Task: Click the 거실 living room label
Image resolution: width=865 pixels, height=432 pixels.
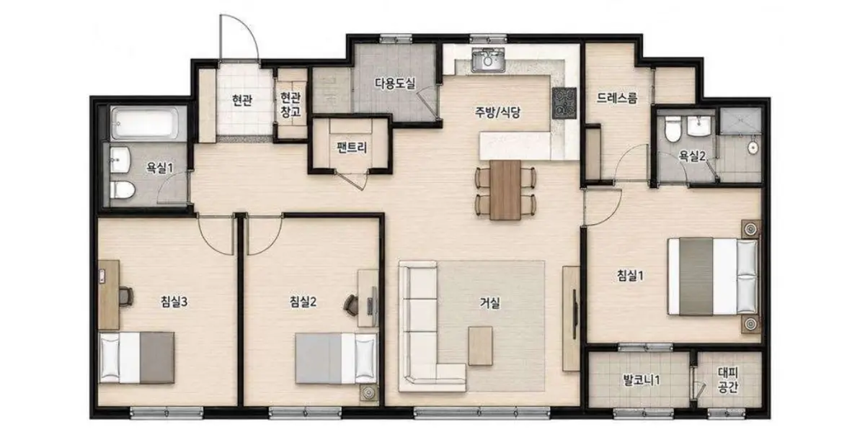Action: click(x=489, y=303)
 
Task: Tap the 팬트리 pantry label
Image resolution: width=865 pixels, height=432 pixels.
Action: click(x=352, y=148)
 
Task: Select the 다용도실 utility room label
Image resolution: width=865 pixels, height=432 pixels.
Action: click(x=395, y=83)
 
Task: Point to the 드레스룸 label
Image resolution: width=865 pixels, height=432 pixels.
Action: click(x=617, y=98)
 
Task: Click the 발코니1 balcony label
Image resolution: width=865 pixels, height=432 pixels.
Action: click(x=642, y=380)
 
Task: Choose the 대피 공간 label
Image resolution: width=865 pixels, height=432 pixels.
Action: click(x=728, y=380)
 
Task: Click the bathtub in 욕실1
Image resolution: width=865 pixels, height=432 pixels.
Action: click(x=145, y=123)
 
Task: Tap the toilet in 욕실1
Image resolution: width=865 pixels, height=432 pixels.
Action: click(x=122, y=190)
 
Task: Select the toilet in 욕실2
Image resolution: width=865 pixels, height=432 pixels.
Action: click(x=673, y=130)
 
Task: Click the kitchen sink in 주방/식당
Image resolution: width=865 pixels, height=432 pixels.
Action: click(x=488, y=60)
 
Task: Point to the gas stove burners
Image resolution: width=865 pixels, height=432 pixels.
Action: click(x=564, y=103)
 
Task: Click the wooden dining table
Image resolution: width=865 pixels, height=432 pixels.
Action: click(x=505, y=190)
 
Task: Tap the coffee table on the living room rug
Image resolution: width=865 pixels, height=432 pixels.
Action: click(x=480, y=346)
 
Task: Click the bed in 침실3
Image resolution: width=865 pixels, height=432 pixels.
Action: click(x=137, y=357)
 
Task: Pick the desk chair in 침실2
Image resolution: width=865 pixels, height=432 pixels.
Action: click(x=350, y=305)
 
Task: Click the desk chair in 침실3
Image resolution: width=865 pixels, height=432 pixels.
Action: click(x=126, y=297)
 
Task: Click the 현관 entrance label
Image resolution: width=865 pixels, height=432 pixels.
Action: click(x=242, y=101)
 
